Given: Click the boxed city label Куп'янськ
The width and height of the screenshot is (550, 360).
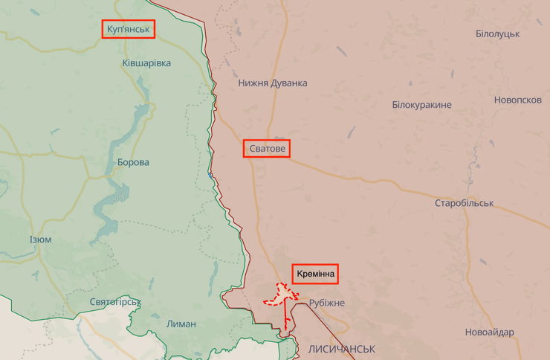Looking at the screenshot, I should coord(129,29).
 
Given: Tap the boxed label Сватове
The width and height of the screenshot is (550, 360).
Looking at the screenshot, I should coord(267,149).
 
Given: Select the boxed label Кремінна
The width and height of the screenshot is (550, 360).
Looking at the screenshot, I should coord(315,274).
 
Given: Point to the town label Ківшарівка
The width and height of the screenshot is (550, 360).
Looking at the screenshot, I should coord(146,63).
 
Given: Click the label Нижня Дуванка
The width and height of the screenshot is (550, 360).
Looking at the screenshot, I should coord(272,83).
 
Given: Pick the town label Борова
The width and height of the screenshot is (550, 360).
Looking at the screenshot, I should coord(133,162).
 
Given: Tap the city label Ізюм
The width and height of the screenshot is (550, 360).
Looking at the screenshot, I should coord(40,240).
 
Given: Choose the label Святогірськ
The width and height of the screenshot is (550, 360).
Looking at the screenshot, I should coord(114,302).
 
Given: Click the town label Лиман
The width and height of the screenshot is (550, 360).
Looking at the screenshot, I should coord(181,324).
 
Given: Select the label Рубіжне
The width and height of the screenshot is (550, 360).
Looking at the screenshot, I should coord(327,303).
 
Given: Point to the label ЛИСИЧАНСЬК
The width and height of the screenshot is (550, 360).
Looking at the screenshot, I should coord(341,348).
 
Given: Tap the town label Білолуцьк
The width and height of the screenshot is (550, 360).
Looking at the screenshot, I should coord(497,34).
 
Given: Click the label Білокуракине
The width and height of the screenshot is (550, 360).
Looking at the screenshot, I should coord(421,105).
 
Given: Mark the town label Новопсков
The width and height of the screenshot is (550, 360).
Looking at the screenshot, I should coord(517,100).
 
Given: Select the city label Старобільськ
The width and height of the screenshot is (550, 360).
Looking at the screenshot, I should coord(465,203).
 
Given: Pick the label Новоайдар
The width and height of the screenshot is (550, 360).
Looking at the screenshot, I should coord(489,332).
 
